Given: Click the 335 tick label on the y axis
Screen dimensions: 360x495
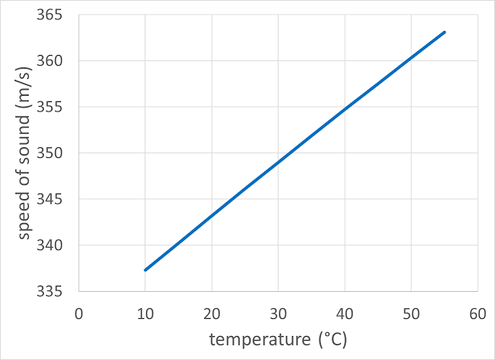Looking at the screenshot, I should click(x=56, y=292).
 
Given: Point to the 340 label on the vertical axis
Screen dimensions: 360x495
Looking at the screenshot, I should click(x=56, y=245).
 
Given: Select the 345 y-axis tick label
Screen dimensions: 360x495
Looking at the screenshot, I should click(x=56, y=199).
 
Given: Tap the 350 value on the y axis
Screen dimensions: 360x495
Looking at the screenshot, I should click(x=56, y=153).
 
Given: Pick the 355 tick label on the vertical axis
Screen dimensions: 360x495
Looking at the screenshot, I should click(x=56, y=107).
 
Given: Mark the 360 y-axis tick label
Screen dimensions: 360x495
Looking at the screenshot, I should click(x=56, y=60).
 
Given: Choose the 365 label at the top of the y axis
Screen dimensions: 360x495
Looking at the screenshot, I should click(x=56, y=15).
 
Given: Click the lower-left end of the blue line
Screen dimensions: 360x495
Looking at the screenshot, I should click(x=145, y=270).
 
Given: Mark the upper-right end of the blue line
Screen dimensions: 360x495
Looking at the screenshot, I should click(x=445, y=32).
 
